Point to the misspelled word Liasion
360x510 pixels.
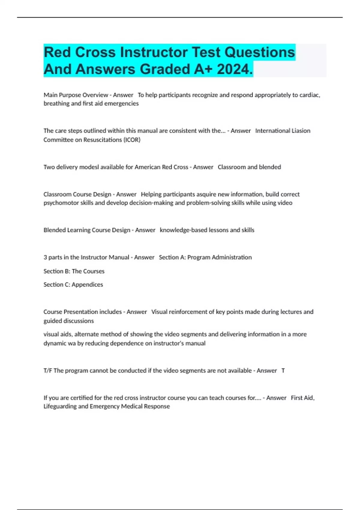click(x=298, y=131)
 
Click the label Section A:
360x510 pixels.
click(x=172, y=257)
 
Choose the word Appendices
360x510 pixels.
click(x=87, y=285)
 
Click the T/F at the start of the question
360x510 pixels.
click(x=48, y=371)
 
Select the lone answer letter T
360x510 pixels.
click(x=283, y=371)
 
